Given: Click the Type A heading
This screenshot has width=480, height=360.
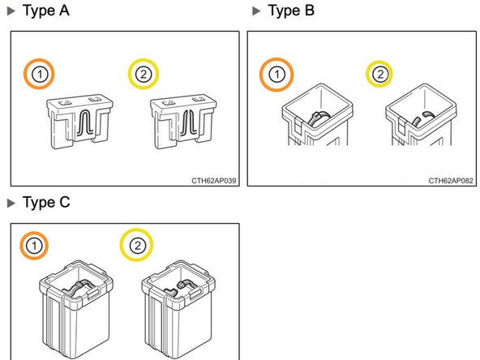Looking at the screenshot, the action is click(46, 11).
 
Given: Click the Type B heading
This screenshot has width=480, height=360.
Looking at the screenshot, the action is click(291, 11).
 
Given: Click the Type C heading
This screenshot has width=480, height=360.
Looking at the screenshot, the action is click(46, 203).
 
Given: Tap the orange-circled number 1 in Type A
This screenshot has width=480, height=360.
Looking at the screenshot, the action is click(39, 74).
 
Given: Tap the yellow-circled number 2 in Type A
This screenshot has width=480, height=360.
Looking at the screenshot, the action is click(144, 74).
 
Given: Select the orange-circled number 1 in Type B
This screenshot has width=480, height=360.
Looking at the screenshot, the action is click(276, 75).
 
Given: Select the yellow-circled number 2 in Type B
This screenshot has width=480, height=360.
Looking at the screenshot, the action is click(379, 74).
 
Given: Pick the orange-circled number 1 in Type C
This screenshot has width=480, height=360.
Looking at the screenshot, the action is click(34, 246).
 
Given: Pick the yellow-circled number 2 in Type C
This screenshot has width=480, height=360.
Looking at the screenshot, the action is click(136, 245).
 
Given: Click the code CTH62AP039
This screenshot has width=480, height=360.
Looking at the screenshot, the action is click(214, 181).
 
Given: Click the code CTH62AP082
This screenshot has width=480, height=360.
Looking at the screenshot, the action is click(451, 181).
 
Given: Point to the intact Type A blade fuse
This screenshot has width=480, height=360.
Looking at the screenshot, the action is click(79, 122).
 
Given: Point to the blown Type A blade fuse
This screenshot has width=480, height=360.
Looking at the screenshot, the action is click(183, 122).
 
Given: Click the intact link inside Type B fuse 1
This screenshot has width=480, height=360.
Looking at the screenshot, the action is click(319, 118).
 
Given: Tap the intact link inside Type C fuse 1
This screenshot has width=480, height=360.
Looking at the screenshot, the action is click(77, 288).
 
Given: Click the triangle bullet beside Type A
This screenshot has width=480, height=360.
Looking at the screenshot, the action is click(11, 11).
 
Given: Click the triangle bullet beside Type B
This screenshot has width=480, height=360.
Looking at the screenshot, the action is click(256, 11).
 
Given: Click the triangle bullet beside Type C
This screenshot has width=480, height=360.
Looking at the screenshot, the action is click(11, 203).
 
